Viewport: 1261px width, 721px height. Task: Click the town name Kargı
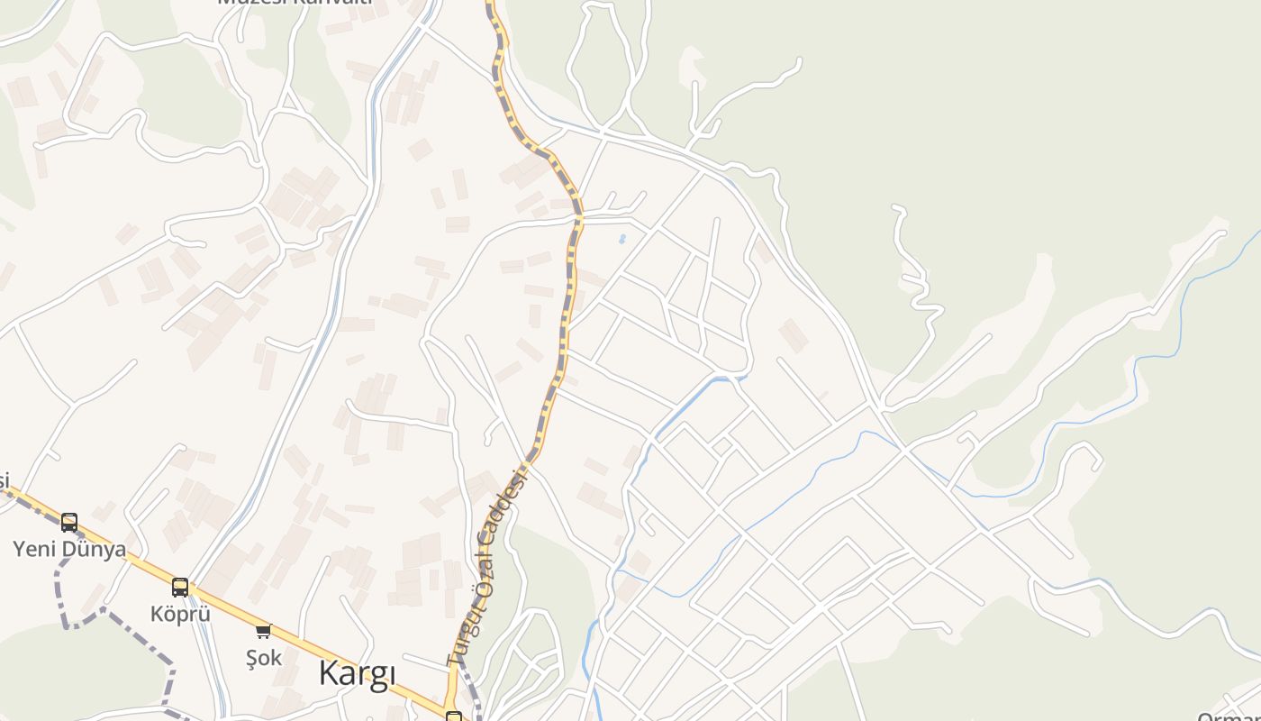click(357, 674)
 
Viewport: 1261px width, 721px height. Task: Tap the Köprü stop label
click(180, 614)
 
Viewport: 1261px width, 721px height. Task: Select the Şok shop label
click(264, 657)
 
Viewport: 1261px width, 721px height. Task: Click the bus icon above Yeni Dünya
click(69, 522)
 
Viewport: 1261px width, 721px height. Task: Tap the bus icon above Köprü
click(180, 588)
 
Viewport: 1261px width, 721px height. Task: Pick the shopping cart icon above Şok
click(263, 631)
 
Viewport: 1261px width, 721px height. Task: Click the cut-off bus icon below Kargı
click(454, 716)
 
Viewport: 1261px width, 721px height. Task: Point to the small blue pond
click(621, 240)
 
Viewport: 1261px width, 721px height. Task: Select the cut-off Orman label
click(1229, 716)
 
